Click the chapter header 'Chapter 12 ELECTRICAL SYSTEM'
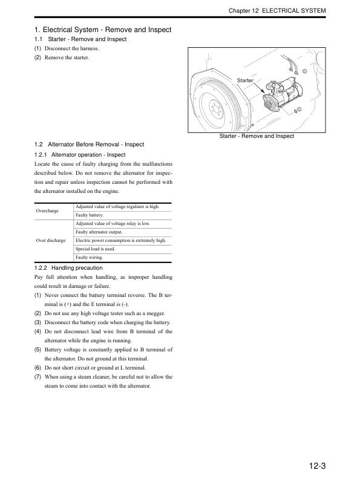pyautogui.click(x=277, y=11)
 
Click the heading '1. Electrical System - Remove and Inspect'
pyautogui.click(x=103, y=30)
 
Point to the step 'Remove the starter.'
pyautogui.click(x=66, y=57)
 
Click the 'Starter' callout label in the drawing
pyautogui.click(x=245, y=80)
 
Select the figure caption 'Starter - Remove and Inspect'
pyautogui.click(x=257, y=136)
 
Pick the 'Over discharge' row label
pyautogui.click(x=51, y=240)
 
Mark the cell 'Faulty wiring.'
pyautogui.click(x=88, y=257)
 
